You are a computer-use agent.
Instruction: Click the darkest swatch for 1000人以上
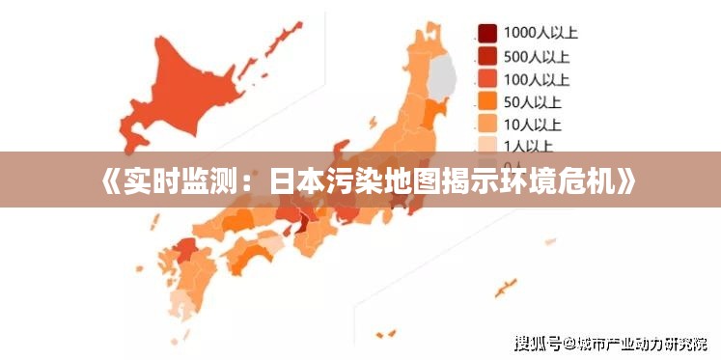pos(488,33)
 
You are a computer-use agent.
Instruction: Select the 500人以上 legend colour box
pos(488,56)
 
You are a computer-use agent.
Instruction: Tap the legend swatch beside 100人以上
pos(488,78)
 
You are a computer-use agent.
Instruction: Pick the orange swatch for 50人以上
pos(488,100)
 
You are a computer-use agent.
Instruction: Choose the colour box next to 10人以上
pos(488,124)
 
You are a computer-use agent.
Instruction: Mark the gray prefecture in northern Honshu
pos(442,77)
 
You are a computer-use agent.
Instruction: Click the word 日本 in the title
pos(294,180)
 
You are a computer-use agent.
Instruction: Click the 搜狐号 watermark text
pos(538,343)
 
